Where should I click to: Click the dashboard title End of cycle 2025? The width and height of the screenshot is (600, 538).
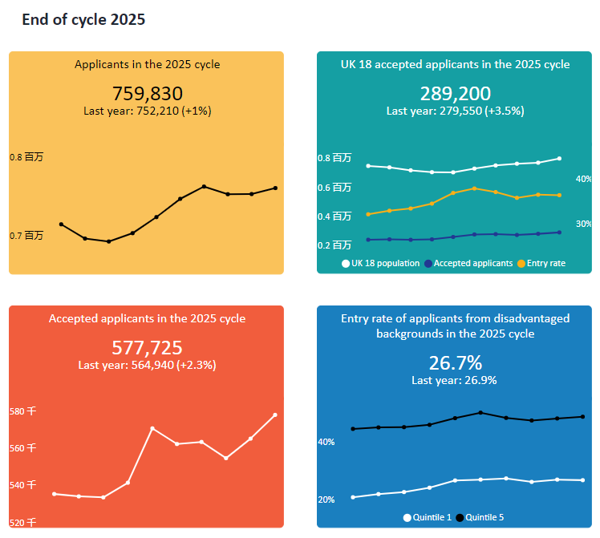[x=83, y=20]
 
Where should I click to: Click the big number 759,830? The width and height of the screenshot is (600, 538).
[x=147, y=94]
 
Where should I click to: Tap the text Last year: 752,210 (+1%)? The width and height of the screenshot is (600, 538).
[x=147, y=111]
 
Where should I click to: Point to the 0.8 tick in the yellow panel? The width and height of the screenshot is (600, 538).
[x=26, y=158]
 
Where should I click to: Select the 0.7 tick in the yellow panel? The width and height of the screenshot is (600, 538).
[x=26, y=236]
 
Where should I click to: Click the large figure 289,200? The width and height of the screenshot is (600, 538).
[x=455, y=94]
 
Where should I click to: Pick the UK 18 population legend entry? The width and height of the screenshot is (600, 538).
[x=381, y=263]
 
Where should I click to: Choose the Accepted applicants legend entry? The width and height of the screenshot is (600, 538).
[x=468, y=263]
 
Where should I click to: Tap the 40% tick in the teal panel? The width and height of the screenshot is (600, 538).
[x=584, y=179]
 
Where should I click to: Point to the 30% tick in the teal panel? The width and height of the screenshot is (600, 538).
[x=584, y=224]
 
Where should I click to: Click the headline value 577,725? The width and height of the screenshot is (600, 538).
[x=147, y=348]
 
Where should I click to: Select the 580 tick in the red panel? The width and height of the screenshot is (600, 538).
[x=22, y=411]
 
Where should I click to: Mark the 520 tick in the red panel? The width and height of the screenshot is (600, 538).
[x=22, y=522]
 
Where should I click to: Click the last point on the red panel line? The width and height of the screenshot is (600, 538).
[x=275, y=415]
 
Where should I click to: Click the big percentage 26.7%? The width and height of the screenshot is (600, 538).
[x=454, y=362]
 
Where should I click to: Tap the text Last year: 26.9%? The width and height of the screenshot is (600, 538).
[x=454, y=380]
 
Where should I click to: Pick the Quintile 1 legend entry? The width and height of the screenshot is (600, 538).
[x=428, y=518]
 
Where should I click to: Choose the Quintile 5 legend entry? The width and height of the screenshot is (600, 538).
[x=480, y=518]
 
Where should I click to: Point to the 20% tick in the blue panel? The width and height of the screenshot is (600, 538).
[x=326, y=500]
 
